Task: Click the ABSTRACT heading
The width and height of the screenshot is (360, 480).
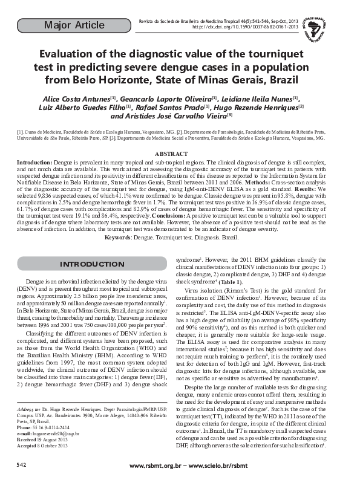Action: pos(180,155)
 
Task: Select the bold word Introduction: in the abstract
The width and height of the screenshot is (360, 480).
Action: pos(34,163)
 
